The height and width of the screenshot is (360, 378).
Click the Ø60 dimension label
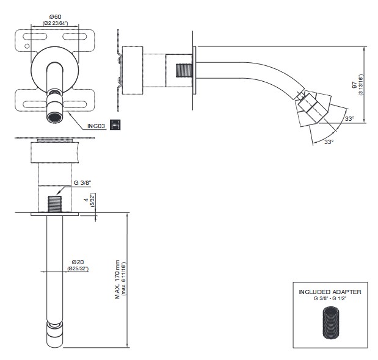(55, 16)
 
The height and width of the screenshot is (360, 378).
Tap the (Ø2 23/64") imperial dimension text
(55, 23)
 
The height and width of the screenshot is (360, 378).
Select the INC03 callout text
(96, 126)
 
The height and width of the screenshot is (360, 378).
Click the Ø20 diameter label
(75, 262)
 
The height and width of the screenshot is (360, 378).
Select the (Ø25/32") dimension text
(77, 269)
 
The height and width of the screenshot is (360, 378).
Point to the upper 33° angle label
(349, 118)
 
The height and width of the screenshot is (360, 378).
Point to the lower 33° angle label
(329, 142)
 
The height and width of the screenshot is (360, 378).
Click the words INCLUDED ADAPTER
(330, 292)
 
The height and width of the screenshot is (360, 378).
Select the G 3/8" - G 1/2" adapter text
(330, 298)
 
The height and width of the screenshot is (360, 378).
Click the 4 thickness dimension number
(85, 198)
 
